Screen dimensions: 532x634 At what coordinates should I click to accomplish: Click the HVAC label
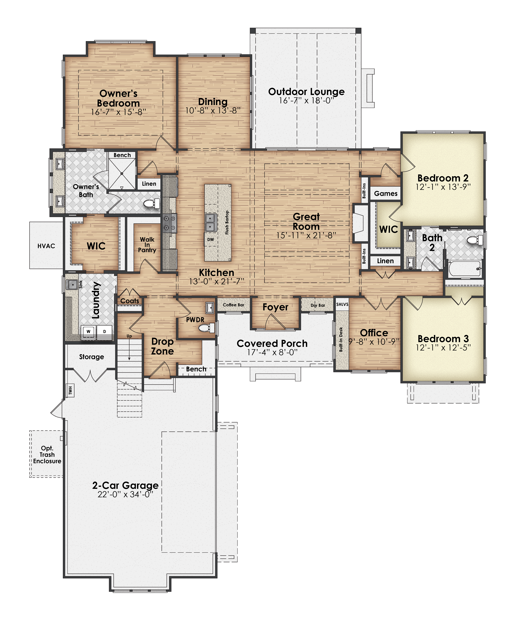pos(46,246)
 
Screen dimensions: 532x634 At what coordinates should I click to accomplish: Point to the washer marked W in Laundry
pos(89,331)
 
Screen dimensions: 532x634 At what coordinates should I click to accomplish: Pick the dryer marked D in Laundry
pos(105,331)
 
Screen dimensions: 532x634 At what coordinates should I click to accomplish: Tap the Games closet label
pos(386,194)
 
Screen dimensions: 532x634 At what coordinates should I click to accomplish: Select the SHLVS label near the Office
pos(342,304)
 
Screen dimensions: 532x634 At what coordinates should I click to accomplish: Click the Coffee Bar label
pos(234,305)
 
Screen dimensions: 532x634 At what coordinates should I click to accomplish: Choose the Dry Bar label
pos(318,305)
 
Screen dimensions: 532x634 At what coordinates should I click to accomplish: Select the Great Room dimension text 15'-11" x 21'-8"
pos(306,235)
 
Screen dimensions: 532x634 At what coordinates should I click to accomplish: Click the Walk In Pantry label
pos(147,245)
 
